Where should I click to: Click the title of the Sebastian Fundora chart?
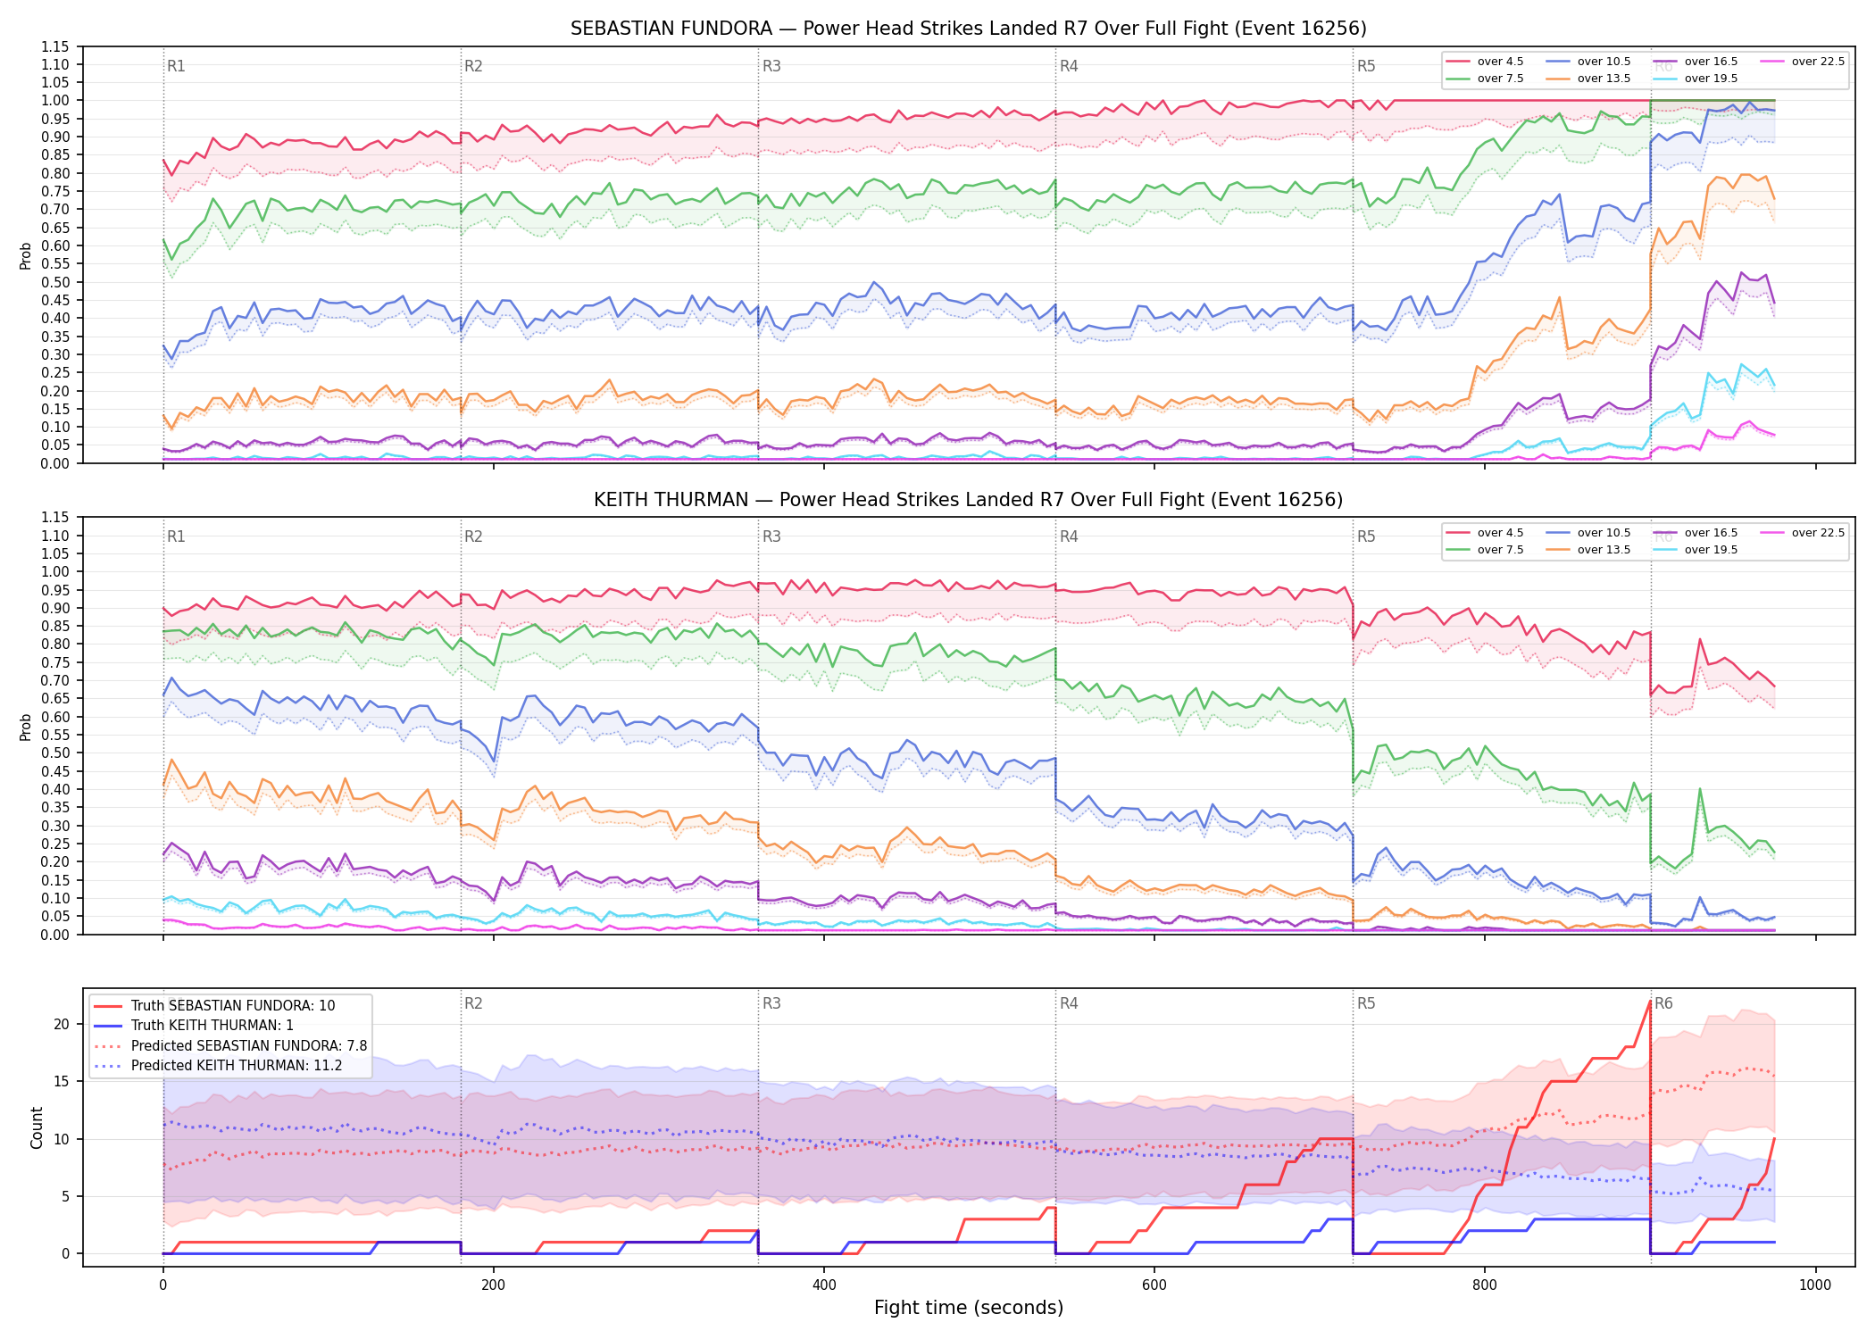[969, 29]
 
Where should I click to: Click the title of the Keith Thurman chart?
[969, 500]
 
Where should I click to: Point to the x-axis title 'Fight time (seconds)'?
[969, 1308]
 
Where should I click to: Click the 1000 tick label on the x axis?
[1815, 1285]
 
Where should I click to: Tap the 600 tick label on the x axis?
[1154, 1285]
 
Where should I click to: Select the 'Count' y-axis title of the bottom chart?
[37, 1127]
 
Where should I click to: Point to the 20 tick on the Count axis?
[62, 1024]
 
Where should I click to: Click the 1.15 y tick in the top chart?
[54, 47]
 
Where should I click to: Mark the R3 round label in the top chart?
[771, 66]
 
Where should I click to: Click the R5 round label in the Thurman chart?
[1366, 536]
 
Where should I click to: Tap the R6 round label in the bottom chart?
[1663, 1003]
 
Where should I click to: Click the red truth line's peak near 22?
[1649, 1001]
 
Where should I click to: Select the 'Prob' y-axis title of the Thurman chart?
[26, 727]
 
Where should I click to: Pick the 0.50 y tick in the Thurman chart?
[54, 753]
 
